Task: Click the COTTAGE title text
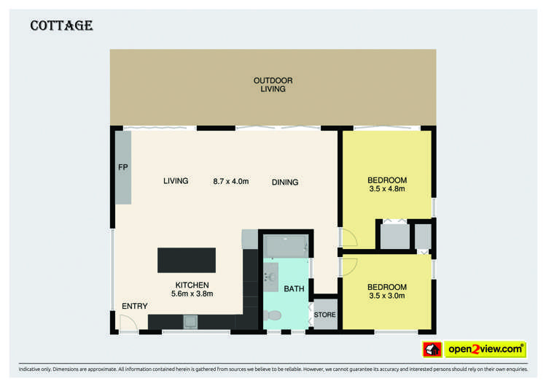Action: tap(61, 26)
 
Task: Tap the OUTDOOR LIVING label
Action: tap(273, 84)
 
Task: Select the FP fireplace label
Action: tap(122, 167)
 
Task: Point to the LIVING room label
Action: tap(176, 181)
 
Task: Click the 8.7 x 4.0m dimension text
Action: tap(231, 181)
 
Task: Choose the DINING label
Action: tap(285, 182)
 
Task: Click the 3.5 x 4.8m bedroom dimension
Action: tap(387, 189)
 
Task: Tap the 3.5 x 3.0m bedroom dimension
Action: tap(387, 296)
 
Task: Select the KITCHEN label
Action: tap(192, 285)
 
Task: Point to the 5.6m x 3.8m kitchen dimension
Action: tap(192, 294)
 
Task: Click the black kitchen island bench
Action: tap(187, 260)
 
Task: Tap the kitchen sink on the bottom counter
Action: tap(190, 321)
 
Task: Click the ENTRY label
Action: tap(135, 306)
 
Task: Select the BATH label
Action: tap(294, 289)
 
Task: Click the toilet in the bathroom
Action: tap(272, 315)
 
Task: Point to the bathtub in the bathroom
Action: tap(286, 246)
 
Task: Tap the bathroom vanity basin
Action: tap(270, 277)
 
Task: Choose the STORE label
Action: tap(325, 315)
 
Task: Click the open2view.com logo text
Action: tap(484, 349)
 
